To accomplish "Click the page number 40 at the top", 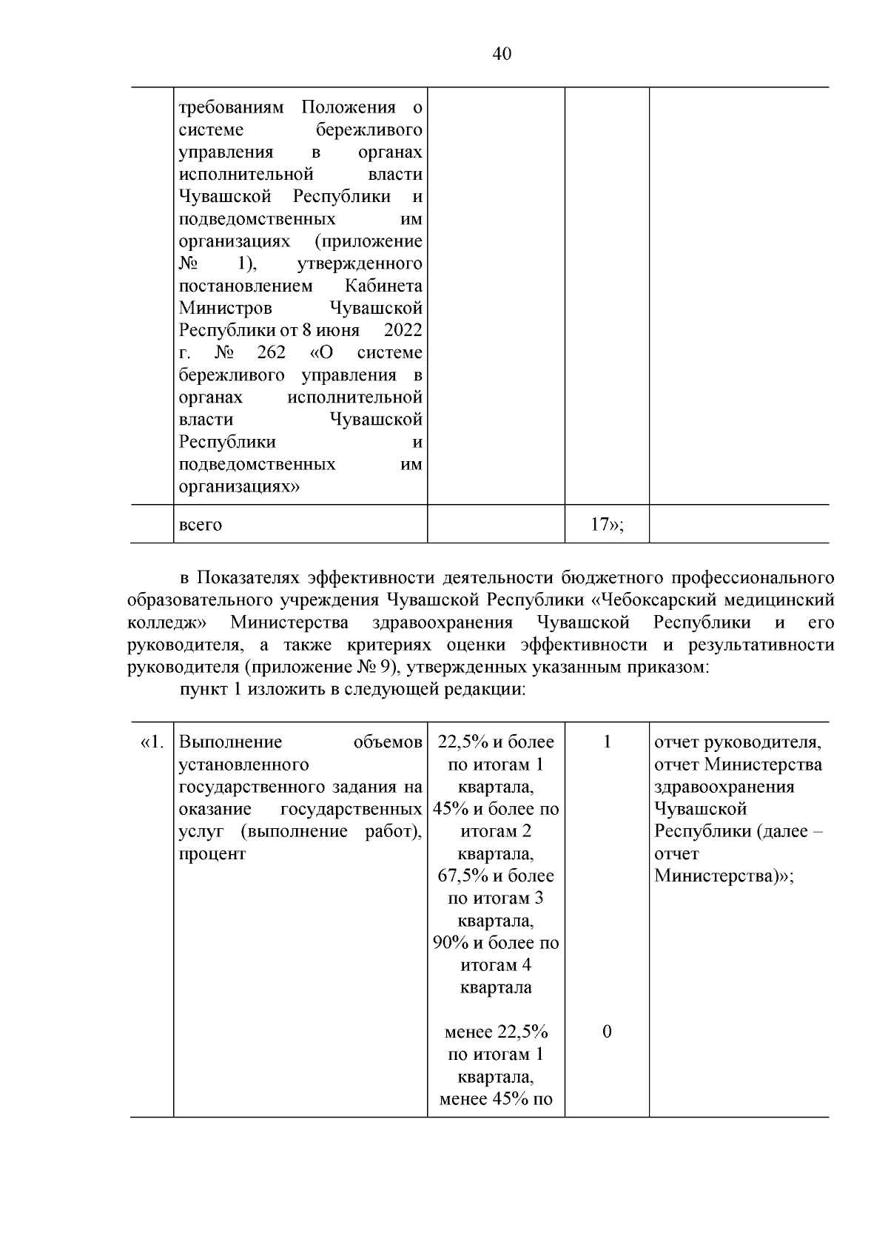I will (501, 54).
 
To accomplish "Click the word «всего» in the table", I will (201, 525).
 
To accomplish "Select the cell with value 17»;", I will (607, 525).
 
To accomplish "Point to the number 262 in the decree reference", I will (271, 352).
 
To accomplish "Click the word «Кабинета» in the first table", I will (384, 286).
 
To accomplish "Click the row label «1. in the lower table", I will (152, 742).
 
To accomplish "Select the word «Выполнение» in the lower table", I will (230, 742).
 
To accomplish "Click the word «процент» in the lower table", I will (212, 853).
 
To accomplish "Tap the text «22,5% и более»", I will (496, 742).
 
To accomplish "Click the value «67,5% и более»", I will (496, 876).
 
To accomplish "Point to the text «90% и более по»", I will (496, 943).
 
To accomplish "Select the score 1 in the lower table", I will (607, 742).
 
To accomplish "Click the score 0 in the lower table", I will (607, 1032).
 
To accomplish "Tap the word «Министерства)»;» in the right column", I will (724, 876).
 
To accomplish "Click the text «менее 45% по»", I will (496, 1099).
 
